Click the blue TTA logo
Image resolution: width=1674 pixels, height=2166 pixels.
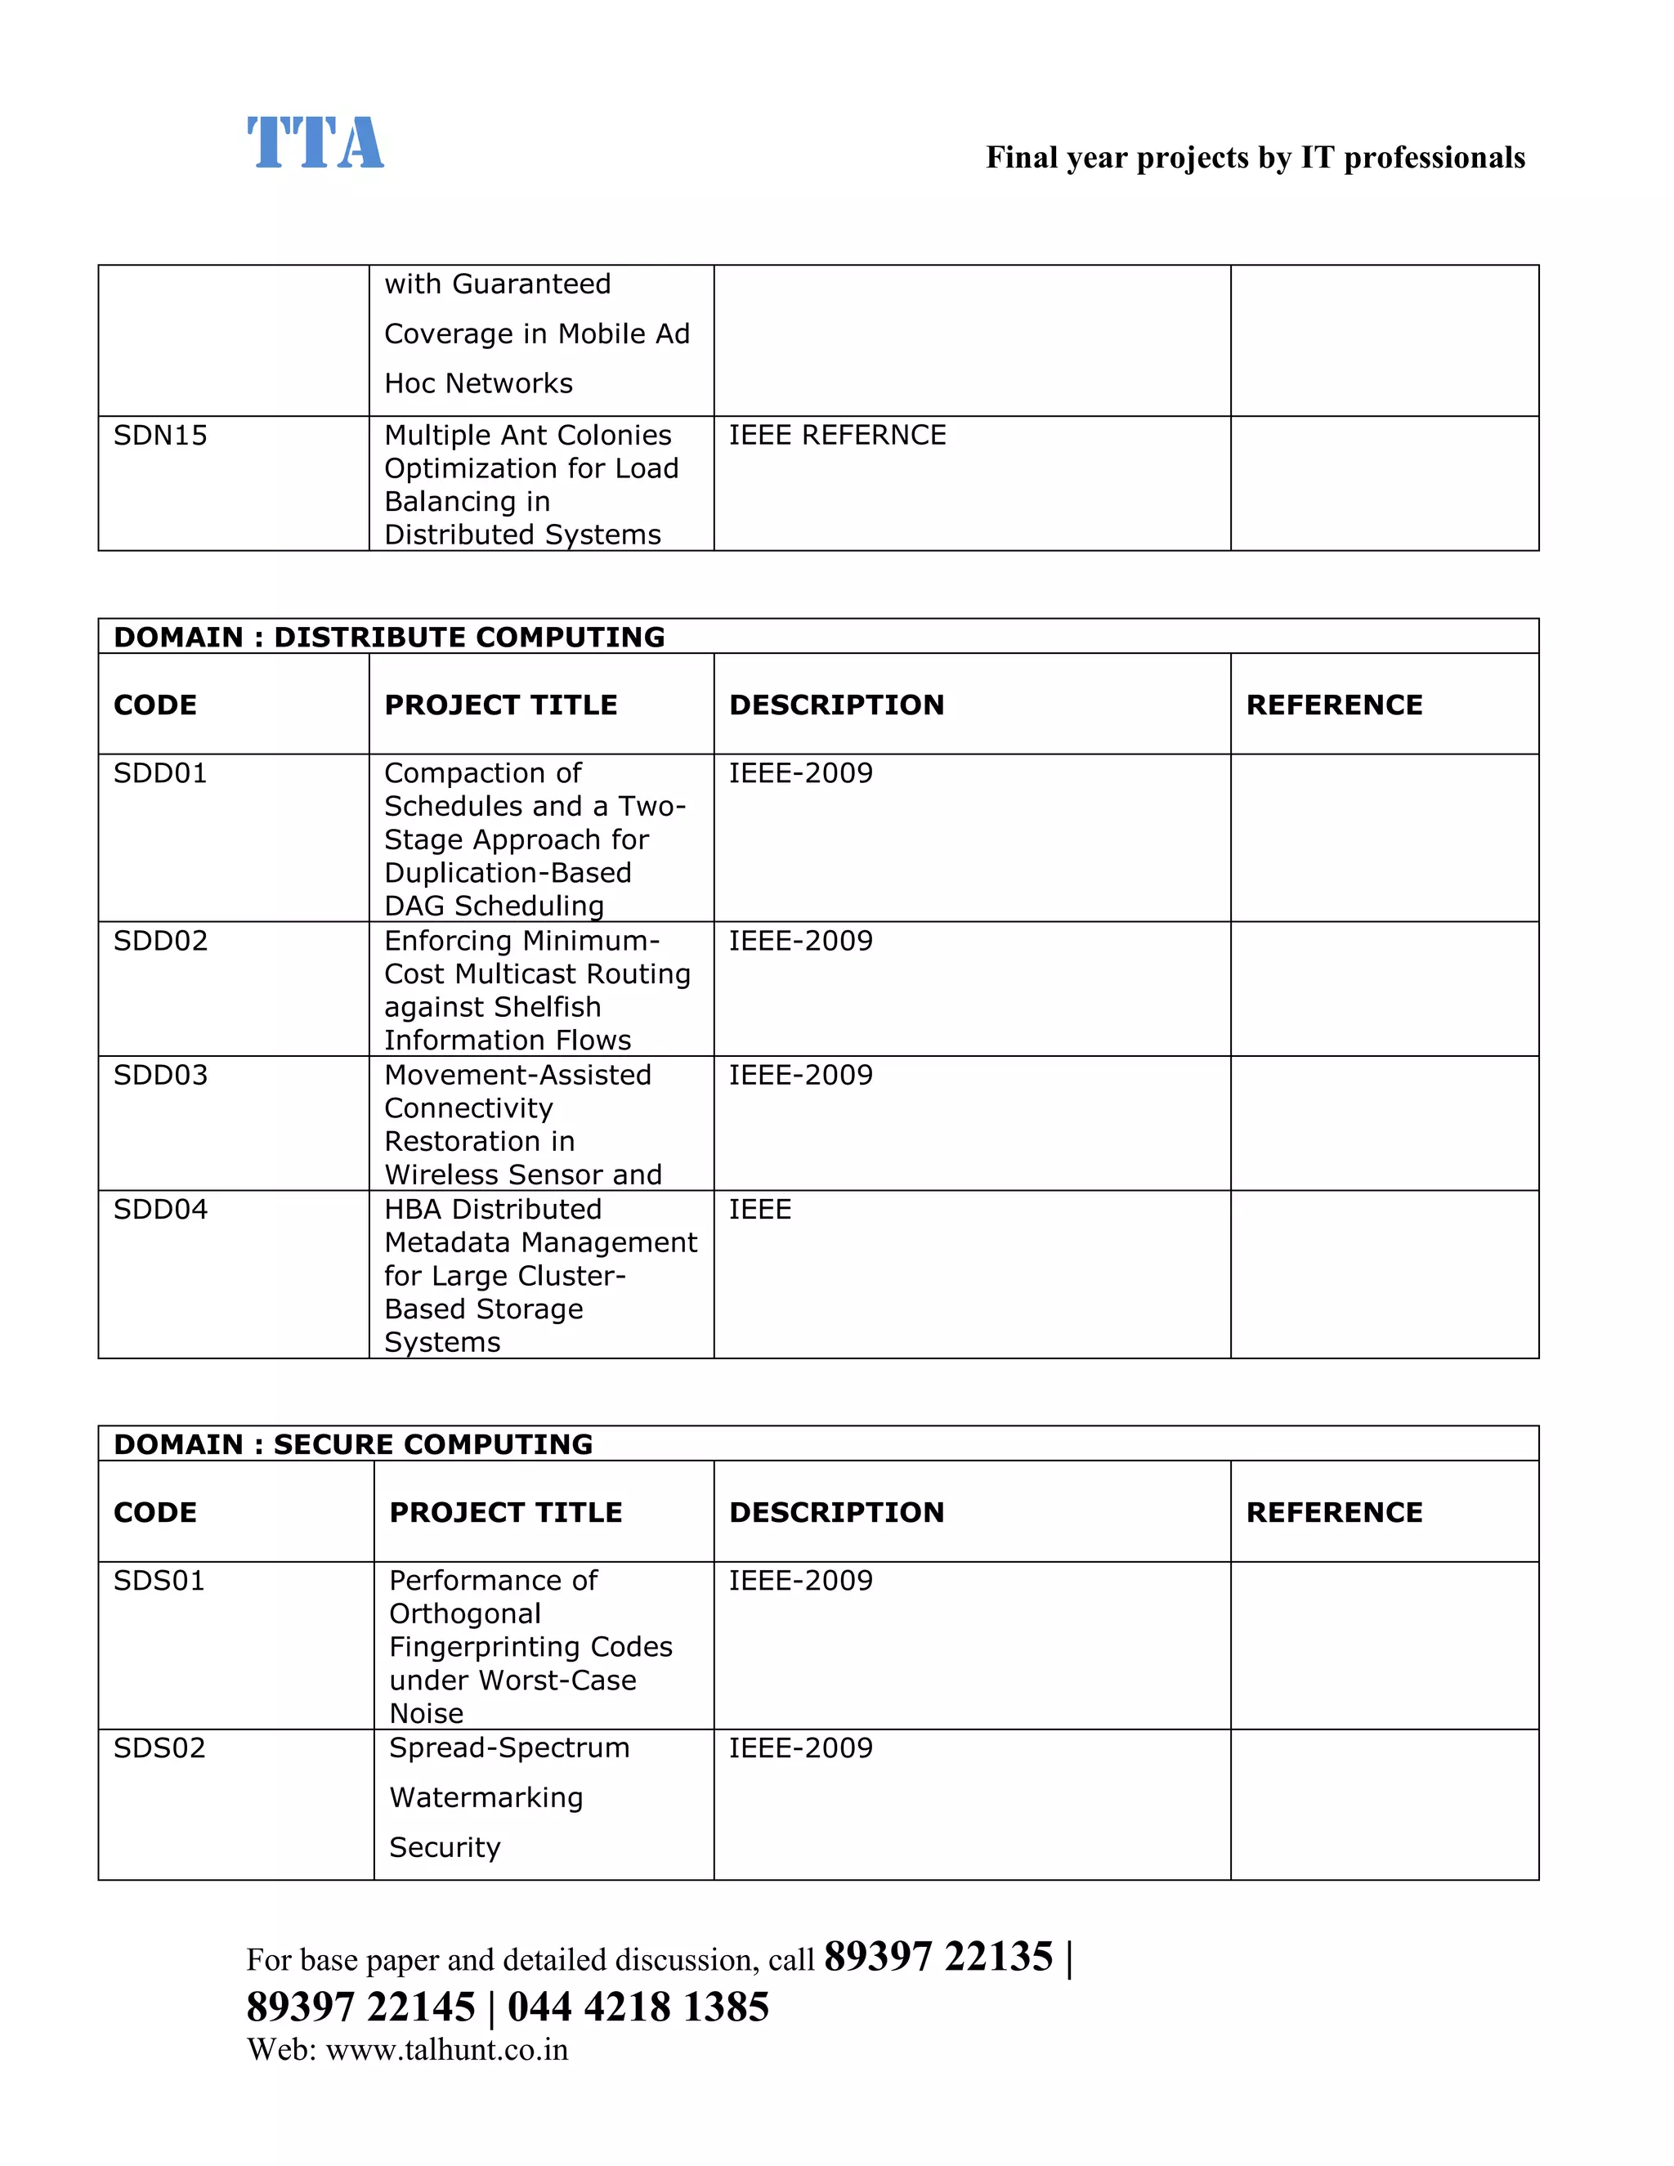click(x=316, y=143)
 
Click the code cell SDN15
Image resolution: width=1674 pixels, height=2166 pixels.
click(x=161, y=436)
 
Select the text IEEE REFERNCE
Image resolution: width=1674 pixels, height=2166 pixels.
click(x=837, y=436)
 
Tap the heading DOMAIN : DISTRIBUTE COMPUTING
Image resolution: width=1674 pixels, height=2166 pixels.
click(x=389, y=637)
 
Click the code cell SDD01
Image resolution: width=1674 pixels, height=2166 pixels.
click(x=161, y=772)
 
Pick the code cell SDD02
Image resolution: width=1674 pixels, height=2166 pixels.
click(x=161, y=940)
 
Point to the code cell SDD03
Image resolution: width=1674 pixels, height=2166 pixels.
click(x=161, y=1075)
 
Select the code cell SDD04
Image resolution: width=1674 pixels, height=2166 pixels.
click(x=161, y=1209)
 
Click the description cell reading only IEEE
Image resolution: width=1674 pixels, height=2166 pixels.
click(x=759, y=1209)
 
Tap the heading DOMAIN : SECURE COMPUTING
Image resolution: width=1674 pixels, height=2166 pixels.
click(x=353, y=1444)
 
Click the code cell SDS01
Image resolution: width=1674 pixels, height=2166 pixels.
click(x=159, y=1580)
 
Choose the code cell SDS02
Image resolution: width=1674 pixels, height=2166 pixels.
click(x=159, y=1748)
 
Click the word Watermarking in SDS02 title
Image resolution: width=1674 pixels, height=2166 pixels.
click(x=486, y=1797)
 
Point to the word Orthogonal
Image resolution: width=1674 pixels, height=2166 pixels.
click(x=464, y=1613)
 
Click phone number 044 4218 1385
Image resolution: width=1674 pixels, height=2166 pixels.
click(x=638, y=2007)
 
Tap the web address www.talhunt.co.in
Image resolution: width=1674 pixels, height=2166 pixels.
click(x=446, y=2050)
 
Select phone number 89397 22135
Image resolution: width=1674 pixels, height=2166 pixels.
click(x=938, y=1957)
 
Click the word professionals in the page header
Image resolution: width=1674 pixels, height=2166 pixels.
click(x=1434, y=158)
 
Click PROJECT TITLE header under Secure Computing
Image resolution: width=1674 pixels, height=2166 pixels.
click(x=506, y=1512)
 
